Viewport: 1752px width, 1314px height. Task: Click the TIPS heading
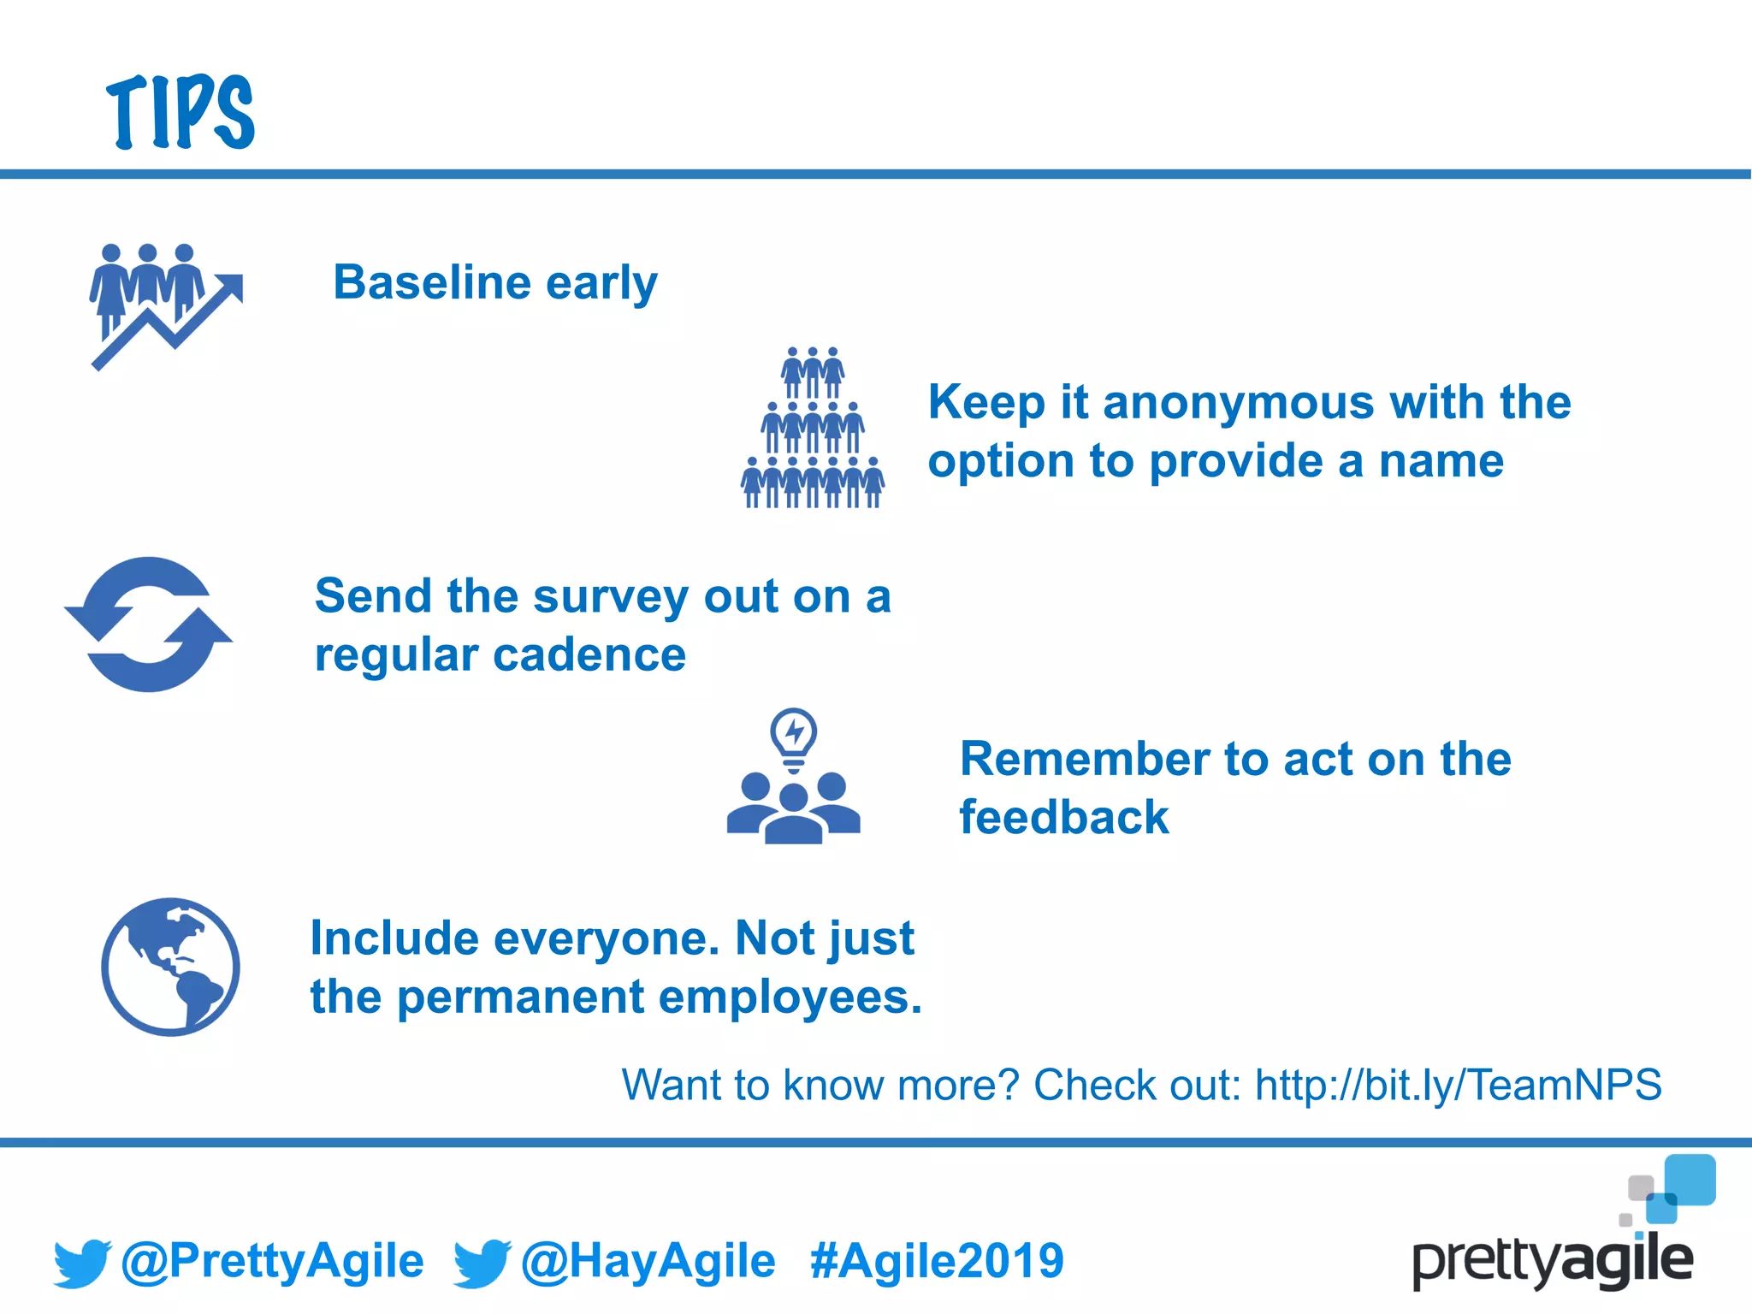click(x=181, y=112)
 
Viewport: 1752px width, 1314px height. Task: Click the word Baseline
click(x=432, y=282)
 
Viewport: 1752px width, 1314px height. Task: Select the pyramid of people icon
click(x=812, y=428)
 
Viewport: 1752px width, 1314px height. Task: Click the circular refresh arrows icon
click(x=149, y=624)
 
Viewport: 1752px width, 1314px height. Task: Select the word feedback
click(x=1063, y=817)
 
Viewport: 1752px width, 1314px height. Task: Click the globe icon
click(x=170, y=967)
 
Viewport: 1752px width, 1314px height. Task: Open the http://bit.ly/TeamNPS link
click(x=1458, y=1085)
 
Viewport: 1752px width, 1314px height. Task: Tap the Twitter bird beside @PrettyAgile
click(x=81, y=1263)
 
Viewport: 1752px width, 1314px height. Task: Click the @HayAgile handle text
click(x=648, y=1261)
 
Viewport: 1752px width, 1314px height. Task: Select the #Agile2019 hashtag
click(x=937, y=1261)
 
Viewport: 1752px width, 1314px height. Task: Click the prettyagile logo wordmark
click(x=1552, y=1261)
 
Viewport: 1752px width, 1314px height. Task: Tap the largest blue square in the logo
click(x=1690, y=1180)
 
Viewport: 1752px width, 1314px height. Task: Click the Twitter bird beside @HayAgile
click(x=482, y=1263)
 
